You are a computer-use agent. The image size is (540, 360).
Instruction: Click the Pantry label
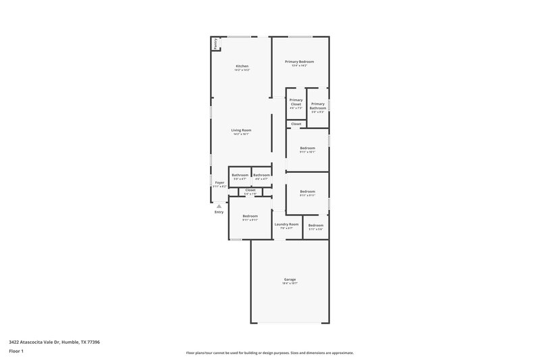[216, 44]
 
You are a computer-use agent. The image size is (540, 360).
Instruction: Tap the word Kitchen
[242, 66]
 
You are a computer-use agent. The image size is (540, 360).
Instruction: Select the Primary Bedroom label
[299, 61]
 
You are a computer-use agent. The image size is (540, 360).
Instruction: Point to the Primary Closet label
[296, 102]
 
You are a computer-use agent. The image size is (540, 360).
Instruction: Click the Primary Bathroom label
[318, 106]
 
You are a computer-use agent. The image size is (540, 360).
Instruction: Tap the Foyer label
[219, 182]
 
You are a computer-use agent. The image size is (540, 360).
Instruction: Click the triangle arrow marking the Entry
[219, 206]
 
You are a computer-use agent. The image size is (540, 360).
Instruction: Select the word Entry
[219, 212]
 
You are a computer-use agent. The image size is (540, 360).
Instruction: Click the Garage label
[290, 279]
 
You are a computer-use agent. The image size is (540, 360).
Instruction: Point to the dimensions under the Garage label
[290, 283]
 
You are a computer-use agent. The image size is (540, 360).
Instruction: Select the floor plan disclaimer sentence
[269, 353]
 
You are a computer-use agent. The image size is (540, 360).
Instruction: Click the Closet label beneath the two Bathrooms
[250, 190]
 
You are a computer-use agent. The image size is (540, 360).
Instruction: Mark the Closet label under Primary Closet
[296, 124]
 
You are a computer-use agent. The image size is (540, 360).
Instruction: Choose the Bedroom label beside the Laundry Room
[316, 225]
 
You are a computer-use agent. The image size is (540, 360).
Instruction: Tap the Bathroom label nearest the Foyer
[240, 175]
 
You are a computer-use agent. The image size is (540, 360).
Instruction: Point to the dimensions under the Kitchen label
[242, 70]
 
